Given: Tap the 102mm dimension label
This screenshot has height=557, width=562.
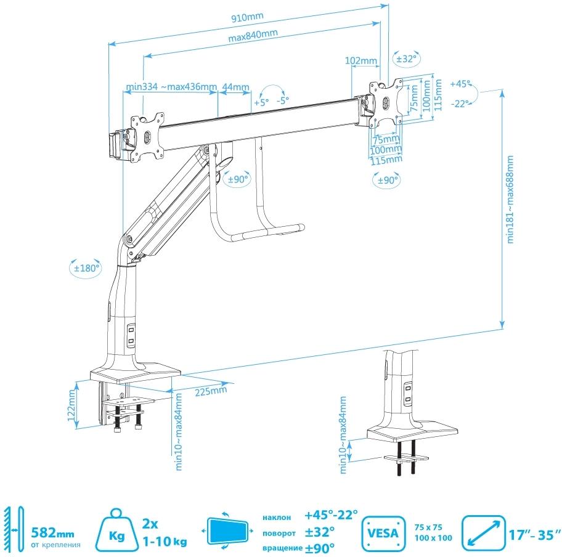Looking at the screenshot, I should pos(361,60).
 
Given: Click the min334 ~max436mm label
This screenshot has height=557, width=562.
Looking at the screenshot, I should pos(171,86).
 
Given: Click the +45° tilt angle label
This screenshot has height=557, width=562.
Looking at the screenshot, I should pos(460,84).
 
